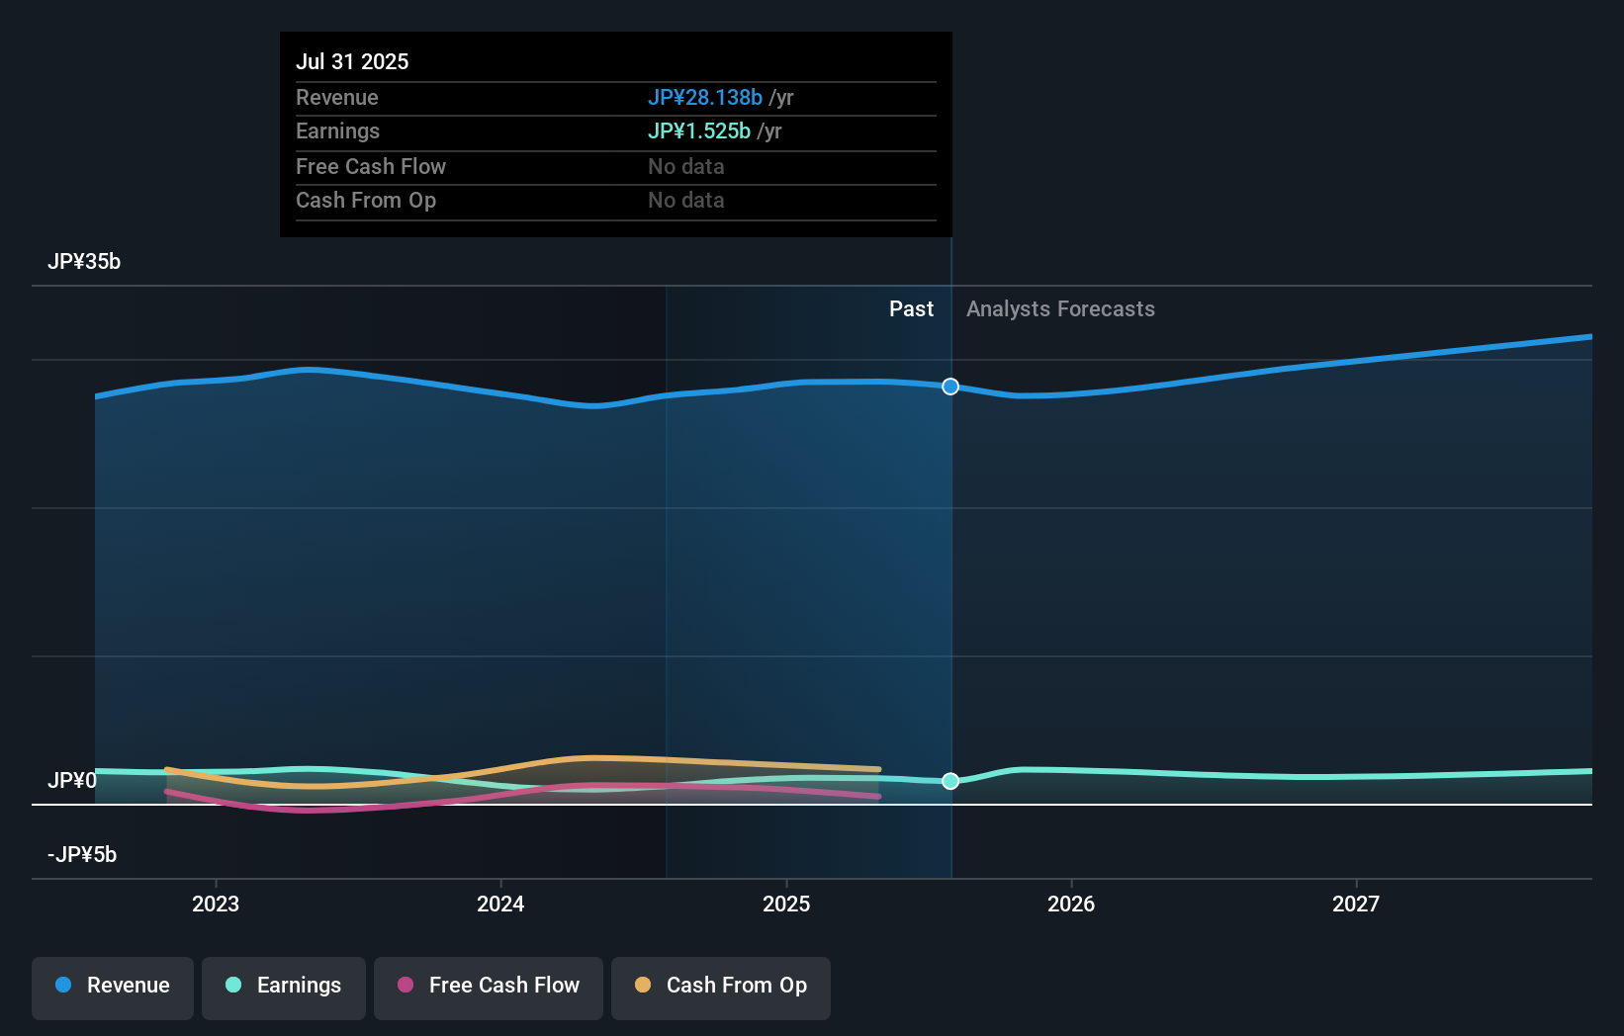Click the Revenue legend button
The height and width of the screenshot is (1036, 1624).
pyautogui.click(x=113, y=987)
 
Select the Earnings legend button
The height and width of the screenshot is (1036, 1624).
pyautogui.click(x=284, y=987)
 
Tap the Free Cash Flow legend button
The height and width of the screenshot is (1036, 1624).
pyautogui.click(x=489, y=987)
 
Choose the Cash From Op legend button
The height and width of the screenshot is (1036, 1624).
pyautogui.click(x=721, y=987)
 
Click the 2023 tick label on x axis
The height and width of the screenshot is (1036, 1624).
pyautogui.click(x=216, y=904)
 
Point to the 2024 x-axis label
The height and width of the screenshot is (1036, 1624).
pyautogui.click(x=500, y=904)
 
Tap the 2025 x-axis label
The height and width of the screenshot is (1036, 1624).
pyautogui.click(x=786, y=904)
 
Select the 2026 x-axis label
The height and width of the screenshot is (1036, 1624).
pyautogui.click(x=1071, y=904)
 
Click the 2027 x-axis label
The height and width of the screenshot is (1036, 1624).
pyautogui.click(x=1355, y=904)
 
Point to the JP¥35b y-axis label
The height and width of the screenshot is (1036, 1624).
pyautogui.click(x=84, y=262)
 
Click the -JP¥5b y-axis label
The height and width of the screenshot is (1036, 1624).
pyautogui.click(x=82, y=855)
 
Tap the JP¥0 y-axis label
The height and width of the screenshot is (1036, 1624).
pyautogui.click(x=72, y=781)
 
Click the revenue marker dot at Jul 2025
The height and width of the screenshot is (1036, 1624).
pyautogui.click(x=950, y=387)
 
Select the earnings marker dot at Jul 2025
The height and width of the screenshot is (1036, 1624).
pyautogui.click(x=950, y=781)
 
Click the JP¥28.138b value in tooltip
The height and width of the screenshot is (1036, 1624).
pyautogui.click(x=705, y=98)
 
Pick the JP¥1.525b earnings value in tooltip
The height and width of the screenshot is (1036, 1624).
pyautogui.click(x=699, y=131)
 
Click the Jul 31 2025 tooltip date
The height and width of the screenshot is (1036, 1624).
pyautogui.click(x=352, y=62)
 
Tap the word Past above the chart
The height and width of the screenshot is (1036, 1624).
pyautogui.click(x=911, y=309)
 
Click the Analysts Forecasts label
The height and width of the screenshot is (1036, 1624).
pyautogui.click(x=1060, y=309)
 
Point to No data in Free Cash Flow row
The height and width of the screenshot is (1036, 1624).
pyautogui.click(x=686, y=167)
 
